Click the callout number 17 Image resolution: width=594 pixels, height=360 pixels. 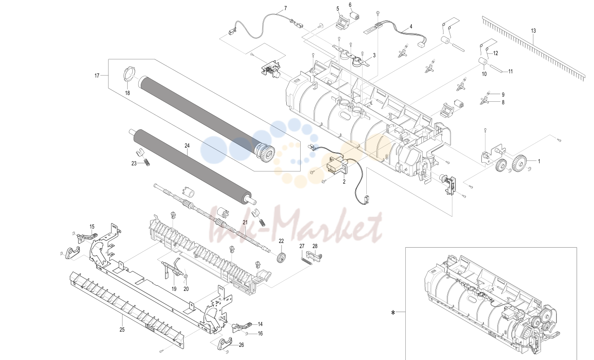(x=97, y=76)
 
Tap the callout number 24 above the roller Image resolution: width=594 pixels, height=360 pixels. (x=187, y=145)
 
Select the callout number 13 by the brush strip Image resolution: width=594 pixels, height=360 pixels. (x=533, y=31)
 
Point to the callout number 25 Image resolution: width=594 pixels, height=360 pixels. (x=122, y=330)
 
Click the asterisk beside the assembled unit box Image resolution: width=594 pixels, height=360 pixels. (x=393, y=313)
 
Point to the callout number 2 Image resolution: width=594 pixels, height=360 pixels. (x=344, y=182)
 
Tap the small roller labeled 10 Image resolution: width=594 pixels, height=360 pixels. (x=483, y=61)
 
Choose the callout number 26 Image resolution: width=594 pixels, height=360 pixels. (x=241, y=345)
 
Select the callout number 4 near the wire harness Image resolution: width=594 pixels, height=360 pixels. (x=411, y=27)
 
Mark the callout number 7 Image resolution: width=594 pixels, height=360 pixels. (x=285, y=8)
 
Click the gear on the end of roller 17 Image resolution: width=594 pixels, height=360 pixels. (x=267, y=153)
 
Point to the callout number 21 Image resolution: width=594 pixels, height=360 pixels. (x=245, y=222)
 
